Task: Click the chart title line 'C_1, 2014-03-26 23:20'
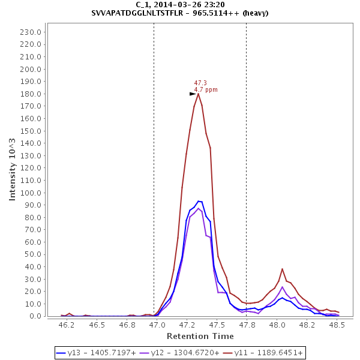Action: [180, 4]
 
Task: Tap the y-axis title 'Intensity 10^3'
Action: [13, 170]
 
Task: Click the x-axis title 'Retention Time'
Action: [200, 336]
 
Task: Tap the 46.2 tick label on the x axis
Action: [67, 325]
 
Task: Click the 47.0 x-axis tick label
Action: [157, 325]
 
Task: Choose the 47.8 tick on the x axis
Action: [247, 325]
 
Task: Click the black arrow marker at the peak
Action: [193, 94]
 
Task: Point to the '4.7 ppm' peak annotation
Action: [206, 90]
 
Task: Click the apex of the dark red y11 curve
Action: [198, 94]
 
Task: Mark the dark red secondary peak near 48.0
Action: [282, 269]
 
